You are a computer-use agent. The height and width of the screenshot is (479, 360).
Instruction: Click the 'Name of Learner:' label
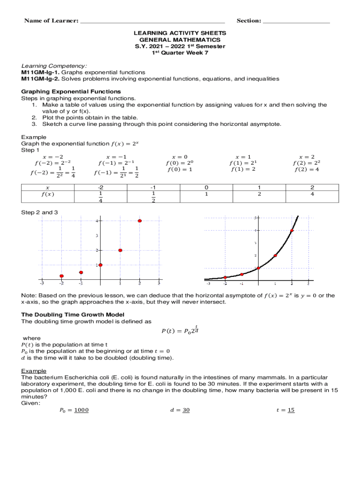click(x=51, y=21)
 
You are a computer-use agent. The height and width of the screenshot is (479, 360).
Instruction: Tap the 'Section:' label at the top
click(x=249, y=21)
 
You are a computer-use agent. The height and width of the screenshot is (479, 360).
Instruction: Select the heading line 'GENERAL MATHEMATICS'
click(x=180, y=40)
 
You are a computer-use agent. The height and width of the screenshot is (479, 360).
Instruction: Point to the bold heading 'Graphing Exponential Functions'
click(x=71, y=91)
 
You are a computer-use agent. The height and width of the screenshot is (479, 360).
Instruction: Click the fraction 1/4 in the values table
click(x=100, y=197)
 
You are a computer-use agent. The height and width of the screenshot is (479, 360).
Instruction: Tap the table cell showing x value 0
click(x=206, y=187)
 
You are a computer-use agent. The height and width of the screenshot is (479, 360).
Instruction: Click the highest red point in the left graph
click(x=139, y=221)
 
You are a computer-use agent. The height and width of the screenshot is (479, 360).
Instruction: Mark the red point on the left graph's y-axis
click(x=101, y=265)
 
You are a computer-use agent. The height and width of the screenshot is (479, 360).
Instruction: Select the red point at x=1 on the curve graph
click(x=275, y=255)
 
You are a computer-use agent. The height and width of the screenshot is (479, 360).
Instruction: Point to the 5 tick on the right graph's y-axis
click(x=255, y=218)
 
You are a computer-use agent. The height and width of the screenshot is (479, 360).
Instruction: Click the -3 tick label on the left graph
click(x=42, y=283)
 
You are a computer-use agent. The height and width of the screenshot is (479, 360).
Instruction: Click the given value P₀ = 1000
click(x=74, y=410)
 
